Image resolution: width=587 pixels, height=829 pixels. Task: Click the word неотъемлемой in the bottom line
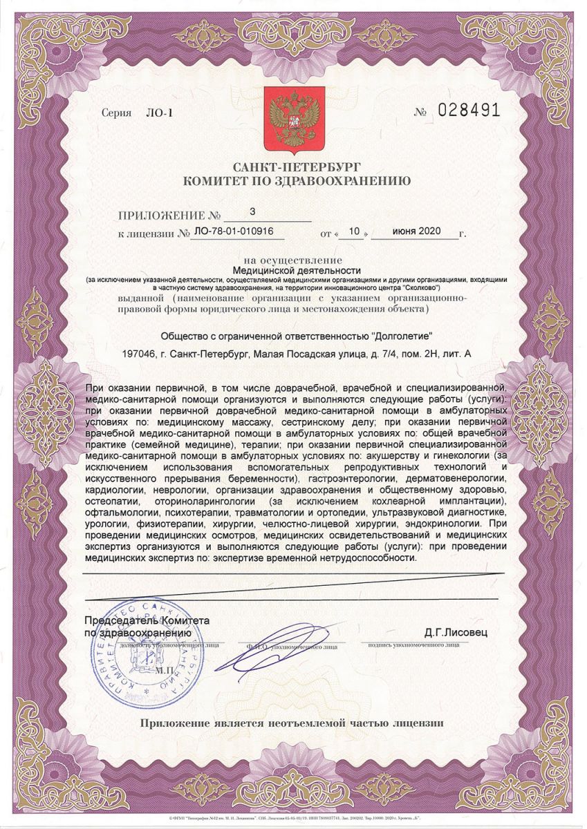[308, 723]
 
